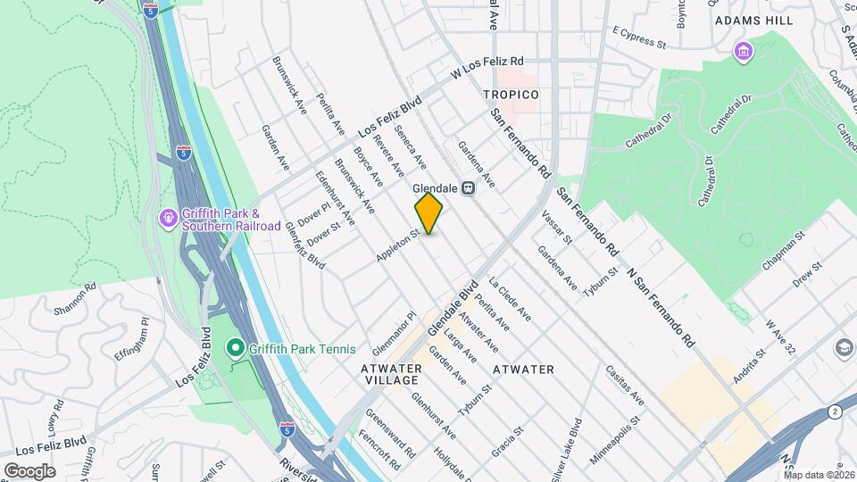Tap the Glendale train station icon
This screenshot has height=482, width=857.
[468, 188]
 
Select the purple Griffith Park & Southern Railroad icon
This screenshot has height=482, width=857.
[167, 217]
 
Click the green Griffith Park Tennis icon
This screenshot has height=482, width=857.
[235, 347]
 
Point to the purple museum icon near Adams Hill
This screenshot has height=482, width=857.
[743, 53]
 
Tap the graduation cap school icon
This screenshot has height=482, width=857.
[844, 346]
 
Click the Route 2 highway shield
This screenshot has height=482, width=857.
[833, 411]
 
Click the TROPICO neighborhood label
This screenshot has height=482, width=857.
[511, 95]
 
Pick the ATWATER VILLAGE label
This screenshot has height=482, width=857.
[390, 374]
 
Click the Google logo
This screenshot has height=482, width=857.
[29, 470]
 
